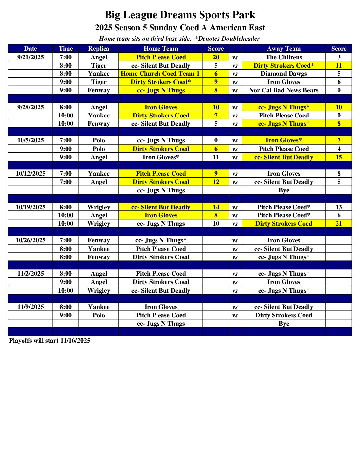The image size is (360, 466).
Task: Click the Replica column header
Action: pos(99,49)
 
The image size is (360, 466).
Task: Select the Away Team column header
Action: pos(284,49)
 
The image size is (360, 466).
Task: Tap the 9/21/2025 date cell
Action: pos(30,57)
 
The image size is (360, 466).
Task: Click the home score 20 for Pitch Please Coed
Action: pos(216,57)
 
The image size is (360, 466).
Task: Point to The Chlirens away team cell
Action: pos(284,57)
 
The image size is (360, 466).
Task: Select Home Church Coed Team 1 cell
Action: pos(160,74)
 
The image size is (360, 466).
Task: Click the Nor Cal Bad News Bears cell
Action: pos(284,90)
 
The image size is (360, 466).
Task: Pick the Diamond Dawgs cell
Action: pos(284,74)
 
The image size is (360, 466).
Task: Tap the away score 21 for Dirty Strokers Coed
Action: pos(338,224)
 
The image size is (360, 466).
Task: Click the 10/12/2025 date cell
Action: pos(30,174)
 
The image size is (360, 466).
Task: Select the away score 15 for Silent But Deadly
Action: pos(338,157)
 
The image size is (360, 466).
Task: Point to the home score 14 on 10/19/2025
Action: pos(216,207)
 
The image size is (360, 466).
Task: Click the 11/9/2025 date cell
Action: pos(30,307)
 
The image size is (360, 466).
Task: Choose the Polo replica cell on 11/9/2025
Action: pos(99,315)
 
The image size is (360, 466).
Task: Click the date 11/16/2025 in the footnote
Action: pos(75,341)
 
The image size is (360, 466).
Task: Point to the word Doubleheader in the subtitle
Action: pos(241,39)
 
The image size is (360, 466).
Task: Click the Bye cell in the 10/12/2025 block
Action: pos(284,190)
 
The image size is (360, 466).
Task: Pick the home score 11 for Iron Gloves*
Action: pos(216,157)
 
